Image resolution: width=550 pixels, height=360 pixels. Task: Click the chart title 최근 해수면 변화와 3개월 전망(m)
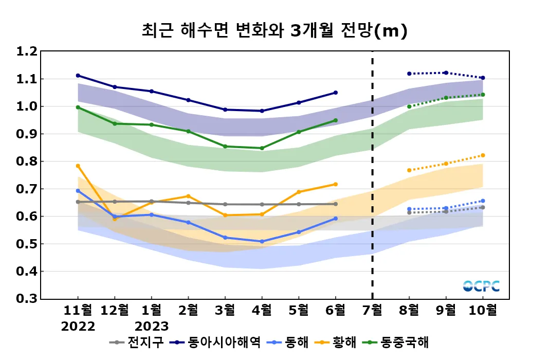click(274, 31)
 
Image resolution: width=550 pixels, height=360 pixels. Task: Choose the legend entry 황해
click(344, 342)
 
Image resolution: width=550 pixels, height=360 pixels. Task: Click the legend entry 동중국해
click(404, 342)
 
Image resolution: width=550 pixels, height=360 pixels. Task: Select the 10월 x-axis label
click(483, 310)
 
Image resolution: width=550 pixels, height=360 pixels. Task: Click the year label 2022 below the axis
click(78, 327)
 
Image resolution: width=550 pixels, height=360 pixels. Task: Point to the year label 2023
click(152, 327)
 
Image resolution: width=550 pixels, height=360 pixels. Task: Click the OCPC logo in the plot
click(481, 286)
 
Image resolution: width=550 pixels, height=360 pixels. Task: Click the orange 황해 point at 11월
click(78, 166)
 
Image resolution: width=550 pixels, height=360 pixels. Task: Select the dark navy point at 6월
click(336, 93)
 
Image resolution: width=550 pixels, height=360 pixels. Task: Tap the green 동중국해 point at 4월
click(262, 148)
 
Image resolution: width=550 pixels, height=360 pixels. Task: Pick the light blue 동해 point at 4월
click(262, 241)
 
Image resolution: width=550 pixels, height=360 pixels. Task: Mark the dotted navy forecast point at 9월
click(446, 73)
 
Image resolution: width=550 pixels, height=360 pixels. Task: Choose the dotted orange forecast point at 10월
click(483, 155)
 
